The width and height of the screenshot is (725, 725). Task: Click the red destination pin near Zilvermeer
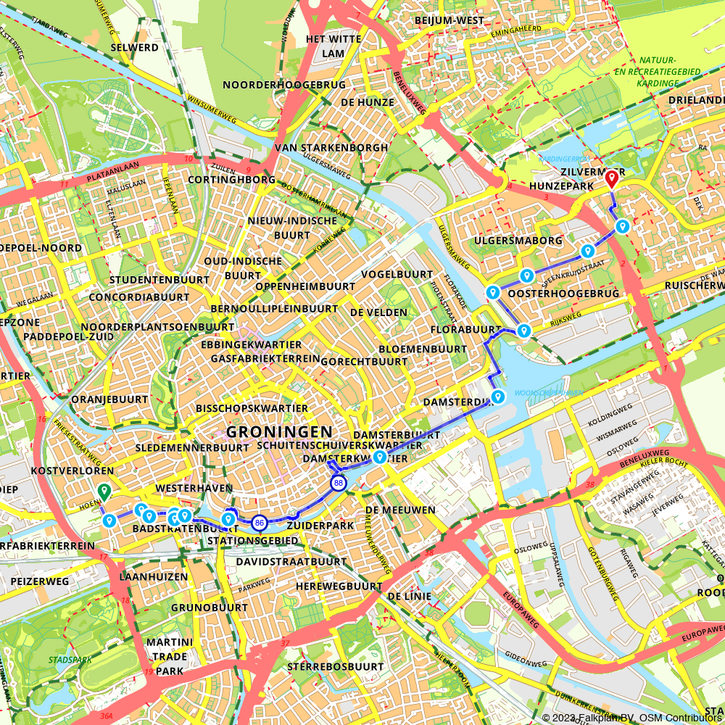point(611,178)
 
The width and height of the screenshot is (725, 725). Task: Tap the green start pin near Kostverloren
point(104,492)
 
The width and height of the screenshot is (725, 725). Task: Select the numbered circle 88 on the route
point(338,482)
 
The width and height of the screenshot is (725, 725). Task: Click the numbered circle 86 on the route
point(260,522)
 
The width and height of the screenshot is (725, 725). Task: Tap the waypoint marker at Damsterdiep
point(498,397)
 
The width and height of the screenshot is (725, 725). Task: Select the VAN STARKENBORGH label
point(331,147)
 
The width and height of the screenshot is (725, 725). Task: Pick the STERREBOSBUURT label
point(335,666)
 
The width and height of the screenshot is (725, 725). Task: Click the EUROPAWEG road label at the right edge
point(702,629)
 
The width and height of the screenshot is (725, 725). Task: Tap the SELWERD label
point(134,47)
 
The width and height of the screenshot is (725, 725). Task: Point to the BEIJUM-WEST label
point(449,20)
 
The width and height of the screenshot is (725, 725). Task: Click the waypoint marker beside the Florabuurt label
point(524,331)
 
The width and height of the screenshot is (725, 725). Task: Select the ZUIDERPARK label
point(320,525)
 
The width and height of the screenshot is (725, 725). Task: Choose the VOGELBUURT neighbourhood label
point(397,275)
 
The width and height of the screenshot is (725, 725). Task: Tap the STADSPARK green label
point(66,660)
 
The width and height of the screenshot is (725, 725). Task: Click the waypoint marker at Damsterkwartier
point(379,457)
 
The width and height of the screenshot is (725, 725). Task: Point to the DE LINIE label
point(409,596)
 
